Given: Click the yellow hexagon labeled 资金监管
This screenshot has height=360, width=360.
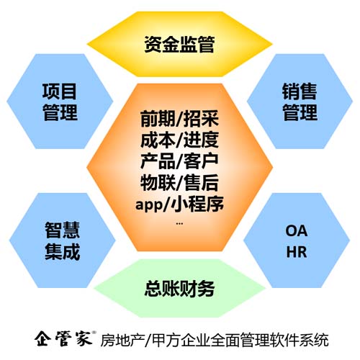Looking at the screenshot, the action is pos(179,44).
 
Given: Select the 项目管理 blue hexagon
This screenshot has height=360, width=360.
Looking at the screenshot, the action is pos(60,102).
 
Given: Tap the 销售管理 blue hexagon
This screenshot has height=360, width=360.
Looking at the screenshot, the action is pos(300,102).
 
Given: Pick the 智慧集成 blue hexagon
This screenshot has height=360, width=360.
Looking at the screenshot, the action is pos(62,240).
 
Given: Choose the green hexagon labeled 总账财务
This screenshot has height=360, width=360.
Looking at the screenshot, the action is pos(180,288).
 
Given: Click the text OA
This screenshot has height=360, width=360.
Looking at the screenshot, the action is pos(297,231).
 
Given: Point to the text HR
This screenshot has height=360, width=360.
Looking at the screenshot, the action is pos(297,252).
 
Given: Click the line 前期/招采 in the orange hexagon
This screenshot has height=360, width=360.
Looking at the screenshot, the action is pos(179,119).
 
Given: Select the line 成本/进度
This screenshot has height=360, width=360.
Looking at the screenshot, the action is pos(179,140).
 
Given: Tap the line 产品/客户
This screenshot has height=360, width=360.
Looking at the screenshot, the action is pos(179,161).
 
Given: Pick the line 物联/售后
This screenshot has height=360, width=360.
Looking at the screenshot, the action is pos(179,182).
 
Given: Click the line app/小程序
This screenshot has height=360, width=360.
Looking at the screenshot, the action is pos(179,204).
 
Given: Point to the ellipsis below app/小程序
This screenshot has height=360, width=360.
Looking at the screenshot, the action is pos(179,224).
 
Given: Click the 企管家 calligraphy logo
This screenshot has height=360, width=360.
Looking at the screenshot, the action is pos(63,338).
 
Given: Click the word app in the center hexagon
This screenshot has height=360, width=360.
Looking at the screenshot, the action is pos(149,205).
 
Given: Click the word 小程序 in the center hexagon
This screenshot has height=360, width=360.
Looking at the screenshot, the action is pos(197,204).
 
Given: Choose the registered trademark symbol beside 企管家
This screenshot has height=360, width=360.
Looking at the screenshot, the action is pos(94,333).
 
